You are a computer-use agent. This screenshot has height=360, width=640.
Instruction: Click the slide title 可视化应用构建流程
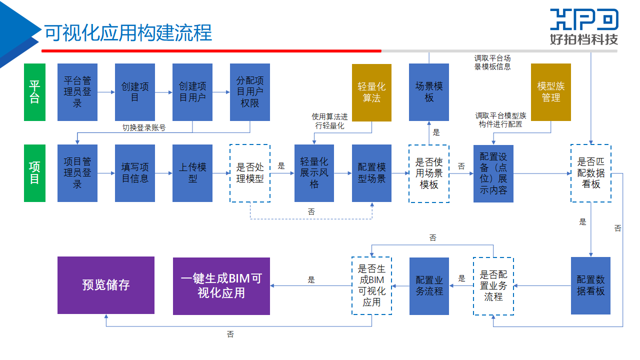[128, 32]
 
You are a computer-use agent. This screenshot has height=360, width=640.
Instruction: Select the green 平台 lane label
[34, 92]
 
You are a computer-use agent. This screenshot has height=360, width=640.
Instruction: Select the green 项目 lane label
[34, 173]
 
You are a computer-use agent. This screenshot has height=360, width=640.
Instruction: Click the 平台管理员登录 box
[77, 92]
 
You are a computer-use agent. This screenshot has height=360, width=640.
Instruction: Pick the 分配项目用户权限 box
[250, 92]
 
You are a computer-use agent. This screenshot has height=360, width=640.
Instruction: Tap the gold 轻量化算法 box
[371, 92]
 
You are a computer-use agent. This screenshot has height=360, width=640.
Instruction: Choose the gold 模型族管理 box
[551, 92]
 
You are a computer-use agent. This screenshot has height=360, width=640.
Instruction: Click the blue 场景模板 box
[429, 92]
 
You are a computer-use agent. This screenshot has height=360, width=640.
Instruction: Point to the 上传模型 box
[192, 173]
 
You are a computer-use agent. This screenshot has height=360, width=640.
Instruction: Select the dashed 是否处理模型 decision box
[250, 173]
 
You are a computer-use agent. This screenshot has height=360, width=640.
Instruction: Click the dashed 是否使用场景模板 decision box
[429, 173]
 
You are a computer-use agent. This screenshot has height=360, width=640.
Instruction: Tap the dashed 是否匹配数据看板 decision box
[591, 173]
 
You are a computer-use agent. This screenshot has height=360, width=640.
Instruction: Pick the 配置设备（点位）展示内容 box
[493, 173]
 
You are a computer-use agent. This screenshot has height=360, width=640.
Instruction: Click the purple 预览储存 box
[106, 285]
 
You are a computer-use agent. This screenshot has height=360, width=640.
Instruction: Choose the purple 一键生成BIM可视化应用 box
[221, 286]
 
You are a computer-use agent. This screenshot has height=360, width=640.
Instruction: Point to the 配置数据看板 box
[590, 285]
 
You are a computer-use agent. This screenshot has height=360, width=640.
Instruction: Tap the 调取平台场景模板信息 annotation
[492, 62]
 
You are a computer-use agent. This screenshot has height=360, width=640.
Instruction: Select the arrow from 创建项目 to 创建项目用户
[163, 92]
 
